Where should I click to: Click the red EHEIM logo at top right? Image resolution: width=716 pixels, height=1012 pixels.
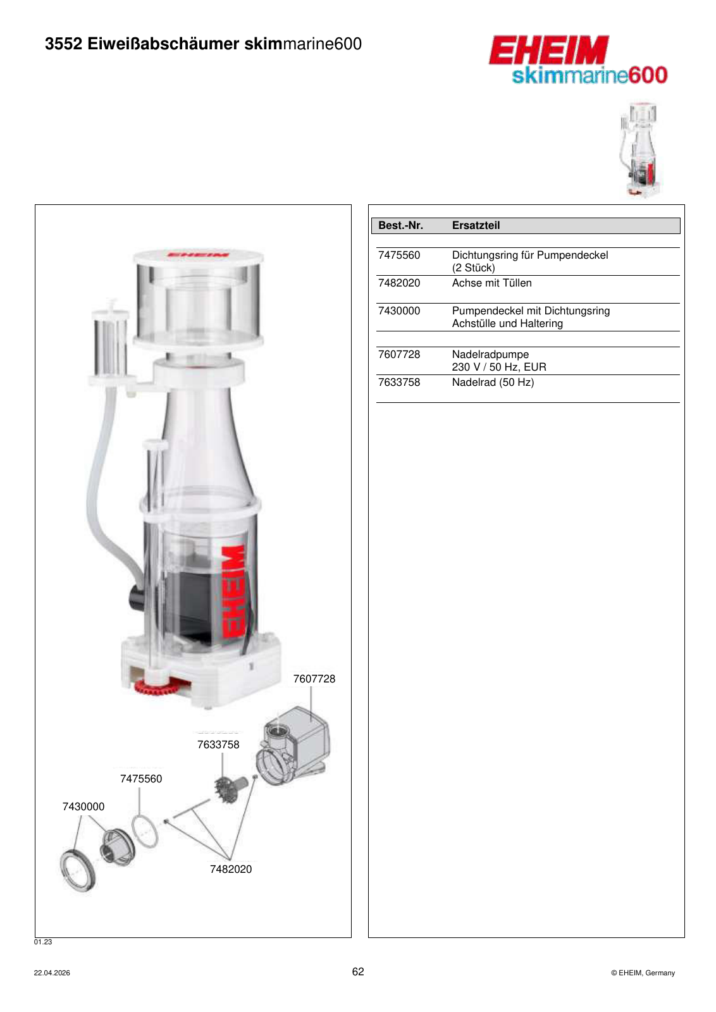point(548,50)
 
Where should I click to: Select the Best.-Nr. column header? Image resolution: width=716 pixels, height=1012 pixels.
point(400,225)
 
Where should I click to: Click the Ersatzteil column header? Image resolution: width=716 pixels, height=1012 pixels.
point(476,225)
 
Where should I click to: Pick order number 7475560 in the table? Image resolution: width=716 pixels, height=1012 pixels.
point(399,256)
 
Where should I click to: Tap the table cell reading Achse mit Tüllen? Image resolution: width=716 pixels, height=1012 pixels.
point(491,283)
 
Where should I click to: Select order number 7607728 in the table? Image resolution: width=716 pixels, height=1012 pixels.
point(399,355)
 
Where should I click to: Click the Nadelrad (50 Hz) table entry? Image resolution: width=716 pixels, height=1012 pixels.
point(493,383)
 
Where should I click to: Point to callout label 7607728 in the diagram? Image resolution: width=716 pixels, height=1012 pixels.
point(314,679)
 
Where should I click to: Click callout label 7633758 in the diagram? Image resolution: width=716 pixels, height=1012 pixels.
point(218,744)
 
